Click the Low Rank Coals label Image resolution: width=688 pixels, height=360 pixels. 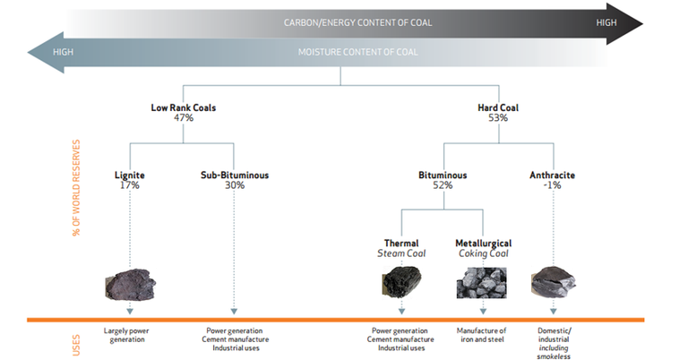point(183,108)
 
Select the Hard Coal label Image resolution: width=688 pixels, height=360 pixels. point(498,108)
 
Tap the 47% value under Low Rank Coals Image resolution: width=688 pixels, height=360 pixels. point(183,118)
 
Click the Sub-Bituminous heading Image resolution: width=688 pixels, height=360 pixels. point(235,176)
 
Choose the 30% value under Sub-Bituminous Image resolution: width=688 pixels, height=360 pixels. point(235,185)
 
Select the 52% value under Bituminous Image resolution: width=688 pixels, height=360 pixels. point(443,185)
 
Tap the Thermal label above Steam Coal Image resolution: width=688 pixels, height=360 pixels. point(400,243)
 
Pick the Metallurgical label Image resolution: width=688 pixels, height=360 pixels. point(483,243)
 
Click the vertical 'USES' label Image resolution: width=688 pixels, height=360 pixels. point(76,341)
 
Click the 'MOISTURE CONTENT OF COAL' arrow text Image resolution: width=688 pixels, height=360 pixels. point(357,52)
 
